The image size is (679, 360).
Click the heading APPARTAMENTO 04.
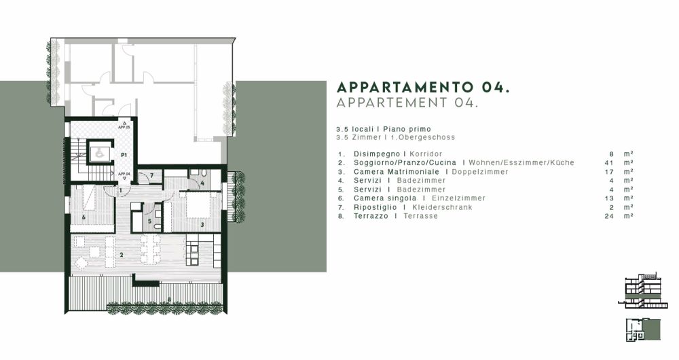click(423, 88)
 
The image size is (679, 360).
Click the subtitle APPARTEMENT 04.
click(407, 103)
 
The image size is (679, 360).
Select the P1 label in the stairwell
click(124, 156)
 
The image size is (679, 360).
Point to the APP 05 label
click(124, 127)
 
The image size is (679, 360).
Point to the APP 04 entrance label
click(124, 174)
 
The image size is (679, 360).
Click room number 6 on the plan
click(84, 217)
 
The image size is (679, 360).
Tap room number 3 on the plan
click(202, 223)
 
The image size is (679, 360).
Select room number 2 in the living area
click(121, 255)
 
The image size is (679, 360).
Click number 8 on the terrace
click(168, 300)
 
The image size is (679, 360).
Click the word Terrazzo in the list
click(371, 216)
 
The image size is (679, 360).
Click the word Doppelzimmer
click(479, 172)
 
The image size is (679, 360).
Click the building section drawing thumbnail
click(640, 291)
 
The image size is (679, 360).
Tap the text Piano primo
click(407, 129)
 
